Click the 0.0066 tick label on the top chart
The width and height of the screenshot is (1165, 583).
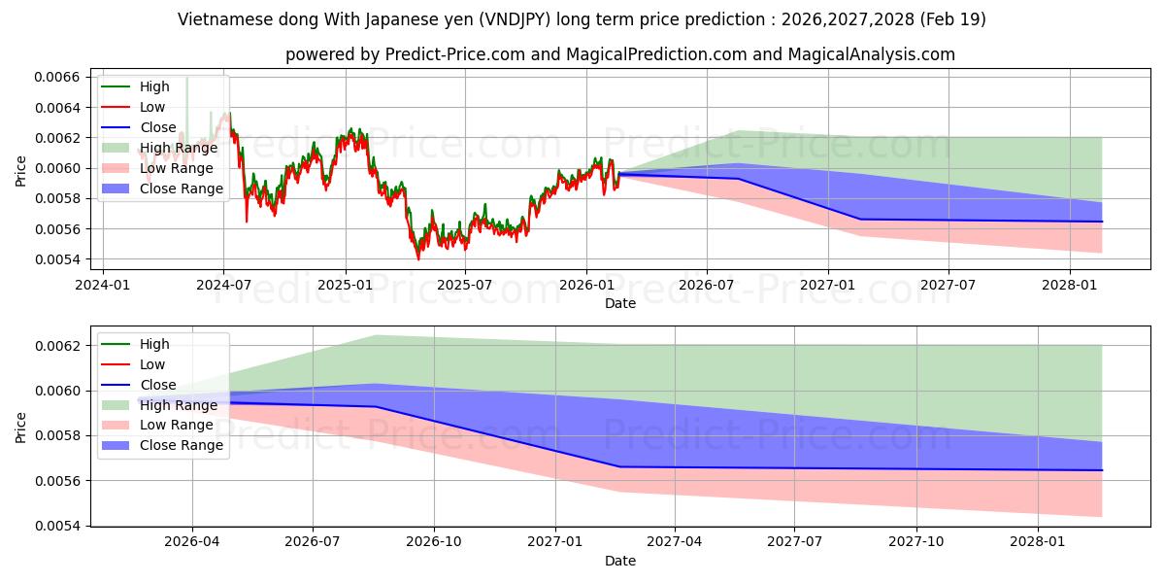coord(57,78)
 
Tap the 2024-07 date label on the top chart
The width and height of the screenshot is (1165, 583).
coord(223,286)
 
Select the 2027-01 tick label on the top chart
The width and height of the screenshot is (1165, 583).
coord(827,286)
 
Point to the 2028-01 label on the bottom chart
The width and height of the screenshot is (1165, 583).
coord(1038,542)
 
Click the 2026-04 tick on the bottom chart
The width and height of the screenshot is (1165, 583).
coord(192,542)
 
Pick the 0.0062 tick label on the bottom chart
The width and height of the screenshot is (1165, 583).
coord(57,346)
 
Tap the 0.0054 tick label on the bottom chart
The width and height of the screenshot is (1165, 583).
coord(57,527)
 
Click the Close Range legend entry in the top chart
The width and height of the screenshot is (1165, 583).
coord(162,189)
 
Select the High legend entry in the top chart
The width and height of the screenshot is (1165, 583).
coord(135,86)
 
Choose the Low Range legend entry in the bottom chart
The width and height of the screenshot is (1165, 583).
coord(157,426)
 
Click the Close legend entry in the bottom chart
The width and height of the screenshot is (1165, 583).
coord(138,385)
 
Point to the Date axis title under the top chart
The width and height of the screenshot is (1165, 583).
coord(620,303)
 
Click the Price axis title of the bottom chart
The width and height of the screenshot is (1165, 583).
coord(20,428)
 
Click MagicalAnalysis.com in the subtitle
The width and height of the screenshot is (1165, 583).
coord(871,54)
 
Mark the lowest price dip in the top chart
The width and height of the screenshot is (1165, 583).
coord(418,258)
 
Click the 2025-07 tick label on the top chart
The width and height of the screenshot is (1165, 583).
coord(464,286)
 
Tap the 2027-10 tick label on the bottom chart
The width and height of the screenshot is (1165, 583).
coord(915,542)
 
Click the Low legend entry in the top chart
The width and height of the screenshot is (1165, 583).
coord(133,107)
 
